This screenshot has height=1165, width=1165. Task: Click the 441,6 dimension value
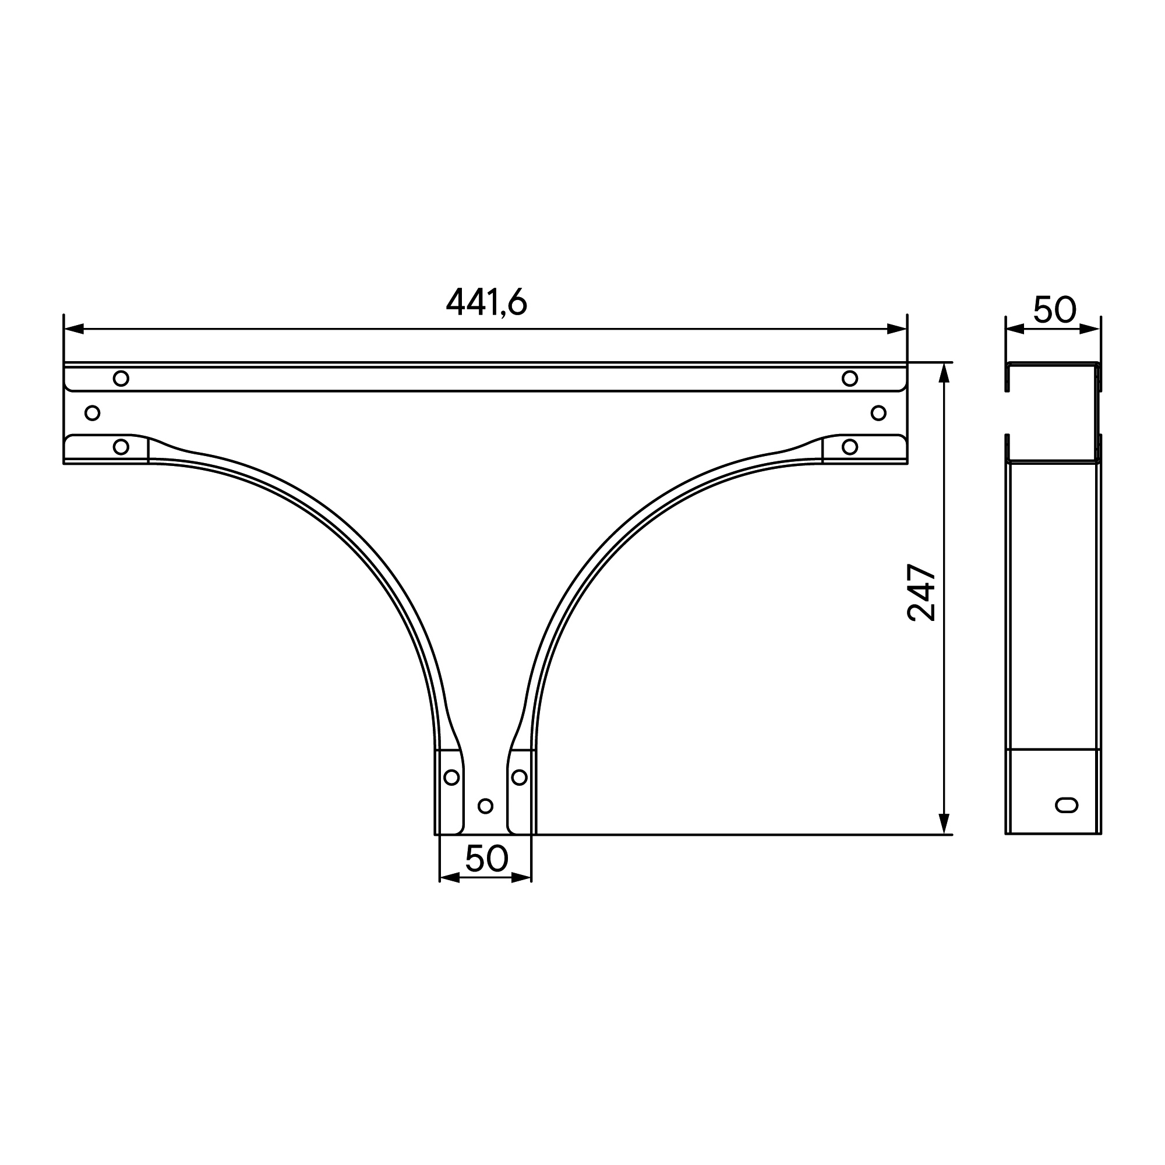pyautogui.click(x=486, y=302)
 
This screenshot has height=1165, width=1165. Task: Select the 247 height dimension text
pyautogui.click(x=922, y=592)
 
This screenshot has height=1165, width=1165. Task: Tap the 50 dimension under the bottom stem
pyautogui.click(x=486, y=859)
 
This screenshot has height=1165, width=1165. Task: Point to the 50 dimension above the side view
pyautogui.click(x=1054, y=310)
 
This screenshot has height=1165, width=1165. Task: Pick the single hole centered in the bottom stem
pyautogui.click(x=485, y=806)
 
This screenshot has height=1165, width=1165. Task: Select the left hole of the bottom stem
pyautogui.click(x=451, y=777)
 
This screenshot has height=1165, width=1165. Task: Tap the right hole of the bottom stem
pyautogui.click(x=519, y=777)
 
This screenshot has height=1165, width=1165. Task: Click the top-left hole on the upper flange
pyautogui.click(x=121, y=379)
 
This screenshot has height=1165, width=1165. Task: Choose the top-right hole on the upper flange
pyautogui.click(x=850, y=379)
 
